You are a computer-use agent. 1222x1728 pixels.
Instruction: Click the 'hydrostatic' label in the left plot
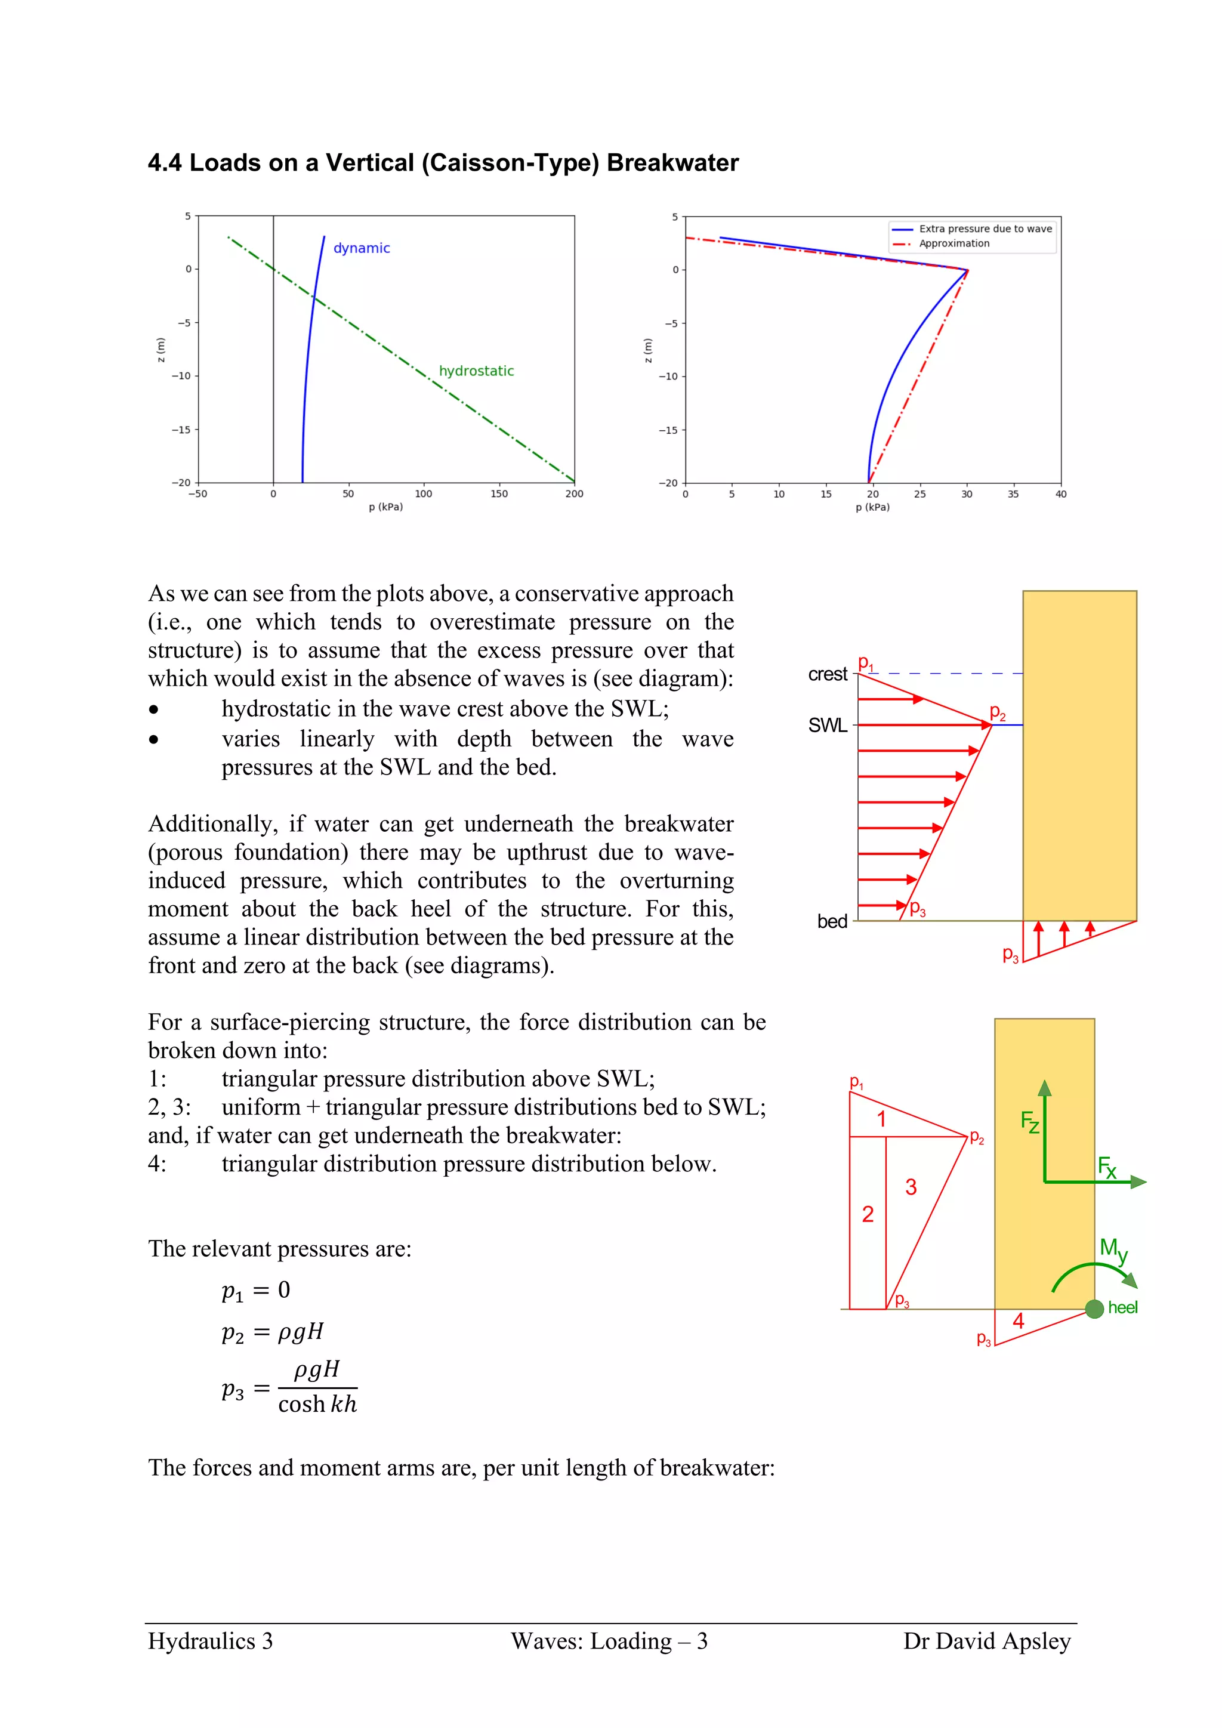point(476,371)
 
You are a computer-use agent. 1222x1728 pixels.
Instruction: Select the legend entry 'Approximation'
point(954,244)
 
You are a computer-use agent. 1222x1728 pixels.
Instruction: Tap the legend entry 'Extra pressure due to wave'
point(985,229)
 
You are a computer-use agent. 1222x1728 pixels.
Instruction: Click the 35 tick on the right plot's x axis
point(1014,495)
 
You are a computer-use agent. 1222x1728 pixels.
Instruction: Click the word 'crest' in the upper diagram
point(827,674)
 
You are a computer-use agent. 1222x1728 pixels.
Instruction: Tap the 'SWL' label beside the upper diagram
point(827,726)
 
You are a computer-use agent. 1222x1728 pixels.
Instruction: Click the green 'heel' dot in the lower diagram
point(1095,1309)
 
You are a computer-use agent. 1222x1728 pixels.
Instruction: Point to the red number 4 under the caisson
point(1018,1321)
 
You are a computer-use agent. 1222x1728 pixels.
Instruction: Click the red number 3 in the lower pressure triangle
point(911,1187)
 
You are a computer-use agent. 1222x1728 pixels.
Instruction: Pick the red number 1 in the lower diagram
point(881,1119)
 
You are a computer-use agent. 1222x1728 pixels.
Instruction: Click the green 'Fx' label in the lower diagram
point(1107,1167)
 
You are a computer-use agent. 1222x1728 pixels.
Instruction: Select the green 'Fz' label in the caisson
point(1030,1122)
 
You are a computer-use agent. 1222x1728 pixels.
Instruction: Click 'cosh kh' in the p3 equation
point(317,1405)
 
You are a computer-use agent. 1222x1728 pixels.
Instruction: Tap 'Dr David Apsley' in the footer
point(986,1641)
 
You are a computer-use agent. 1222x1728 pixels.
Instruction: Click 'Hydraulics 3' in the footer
point(211,1641)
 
